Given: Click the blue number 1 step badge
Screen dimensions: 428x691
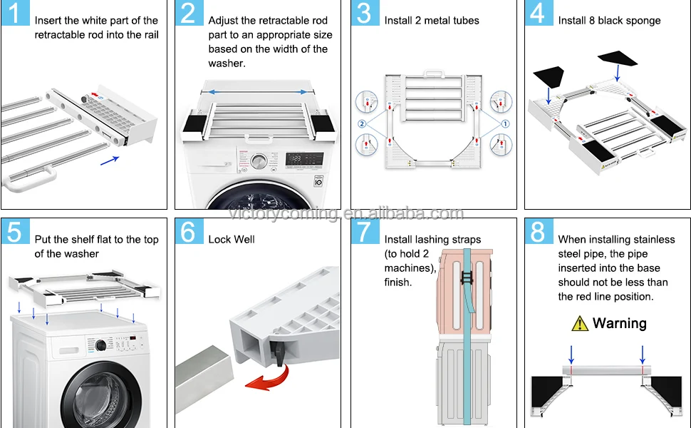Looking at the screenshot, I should tap(15, 14).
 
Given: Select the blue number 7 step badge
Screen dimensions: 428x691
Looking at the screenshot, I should tap(363, 232).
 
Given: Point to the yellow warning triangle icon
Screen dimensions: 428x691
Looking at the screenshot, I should tap(580, 324).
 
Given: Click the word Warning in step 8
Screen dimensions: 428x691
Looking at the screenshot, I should tap(619, 323).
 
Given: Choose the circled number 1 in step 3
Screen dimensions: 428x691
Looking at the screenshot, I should tap(506, 123).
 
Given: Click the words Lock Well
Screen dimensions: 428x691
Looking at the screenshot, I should tap(232, 240).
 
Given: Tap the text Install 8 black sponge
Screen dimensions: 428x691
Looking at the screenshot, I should tap(609, 21).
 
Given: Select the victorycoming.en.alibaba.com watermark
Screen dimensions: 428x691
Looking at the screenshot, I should tap(345, 213).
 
